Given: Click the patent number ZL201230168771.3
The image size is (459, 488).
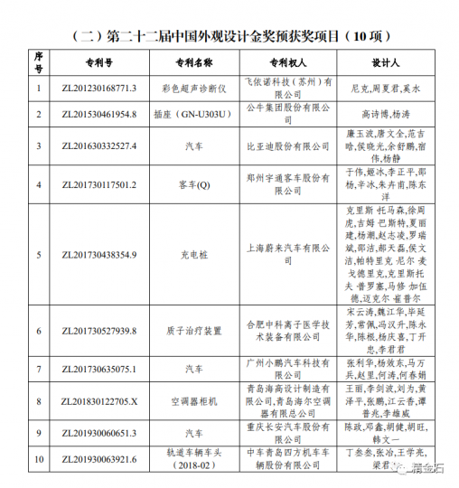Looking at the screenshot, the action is tap(99, 89).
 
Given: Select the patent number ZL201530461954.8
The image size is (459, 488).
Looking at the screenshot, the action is tap(99, 115).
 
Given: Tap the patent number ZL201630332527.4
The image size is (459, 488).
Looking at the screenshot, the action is tap(99, 145).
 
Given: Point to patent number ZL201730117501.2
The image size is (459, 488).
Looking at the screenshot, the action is tap(99, 184).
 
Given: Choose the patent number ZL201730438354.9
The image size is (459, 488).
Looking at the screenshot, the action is tap(99, 255).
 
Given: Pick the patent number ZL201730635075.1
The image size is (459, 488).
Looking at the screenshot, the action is tap(99, 369).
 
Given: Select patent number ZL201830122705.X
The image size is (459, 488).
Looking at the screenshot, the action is tap(99, 400).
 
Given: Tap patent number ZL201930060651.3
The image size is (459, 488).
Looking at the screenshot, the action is tap(99, 433).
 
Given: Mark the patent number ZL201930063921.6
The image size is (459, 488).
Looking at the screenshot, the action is tap(99, 459).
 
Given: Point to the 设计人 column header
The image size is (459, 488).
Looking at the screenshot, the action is tap(385, 65).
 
